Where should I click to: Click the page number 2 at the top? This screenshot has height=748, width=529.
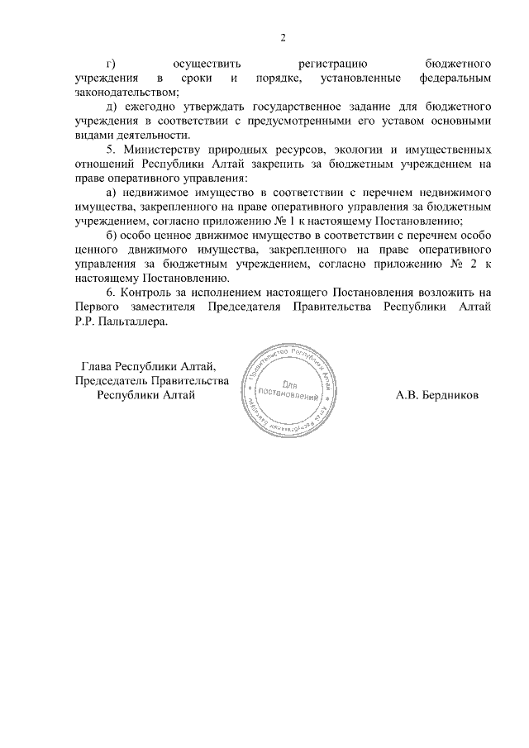283,38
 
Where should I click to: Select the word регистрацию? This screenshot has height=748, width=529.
331,64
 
